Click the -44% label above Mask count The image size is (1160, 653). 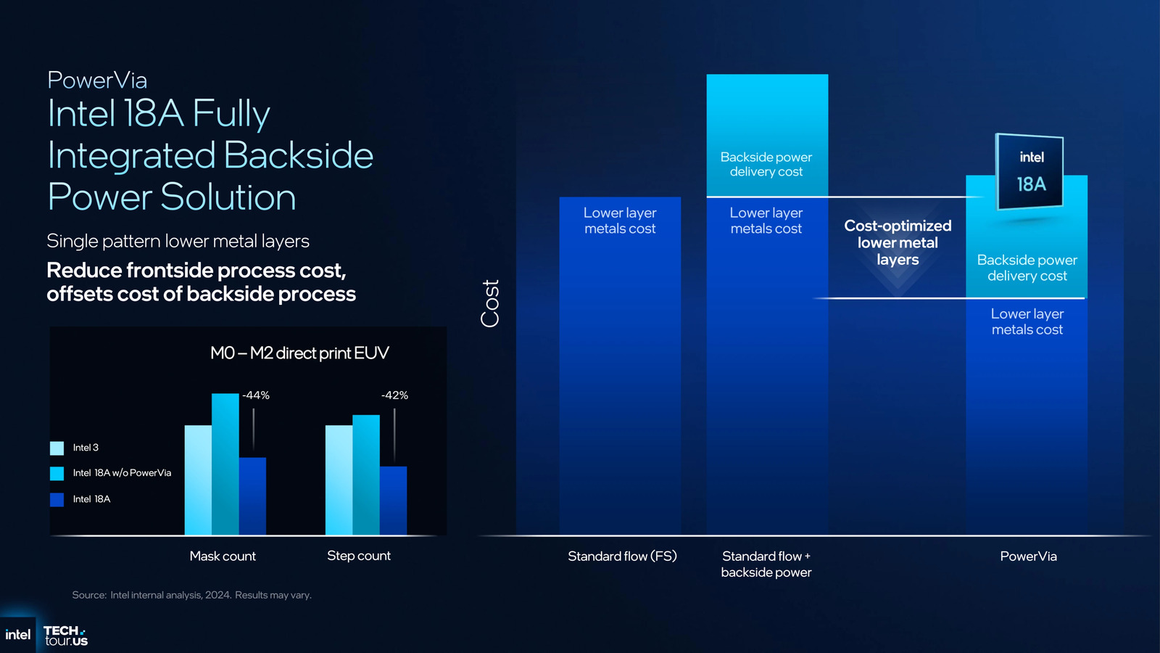(x=256, y=395)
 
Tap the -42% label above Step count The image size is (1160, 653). (x=394, y=395)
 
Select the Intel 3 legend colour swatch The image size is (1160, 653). (x=57, y=448)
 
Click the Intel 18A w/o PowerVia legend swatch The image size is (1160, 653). (x=57, y=474)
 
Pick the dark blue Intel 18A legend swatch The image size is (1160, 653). (x=57, y=499)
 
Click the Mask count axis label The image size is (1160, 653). (x=223, y=557)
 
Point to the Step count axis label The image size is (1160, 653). (x=359, y=556)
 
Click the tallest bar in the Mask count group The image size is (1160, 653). (x=225, y=464)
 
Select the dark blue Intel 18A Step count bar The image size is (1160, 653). (x=393, y=501)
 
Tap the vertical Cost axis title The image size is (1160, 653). (x=491, y=303)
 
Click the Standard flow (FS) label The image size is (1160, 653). (x=622, y=557)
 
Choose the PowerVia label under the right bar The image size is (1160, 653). (x=1028, y=557)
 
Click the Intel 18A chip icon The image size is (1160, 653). (x=1030, y=172)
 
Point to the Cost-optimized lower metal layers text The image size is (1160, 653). (x=898, y=243)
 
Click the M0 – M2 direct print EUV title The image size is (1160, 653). (x=299, y=353)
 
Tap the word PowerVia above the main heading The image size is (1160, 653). (x=97, y=80)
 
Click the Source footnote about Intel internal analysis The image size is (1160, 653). (x=191, y=595)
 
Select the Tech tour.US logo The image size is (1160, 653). (x=65, y=636)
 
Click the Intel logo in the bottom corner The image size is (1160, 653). (x=17, y=635)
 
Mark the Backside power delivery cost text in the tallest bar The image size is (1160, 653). (x=766, y=165)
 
